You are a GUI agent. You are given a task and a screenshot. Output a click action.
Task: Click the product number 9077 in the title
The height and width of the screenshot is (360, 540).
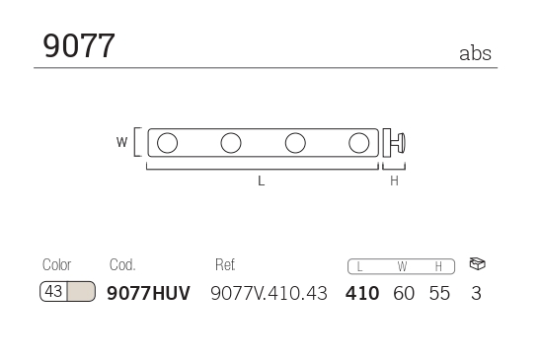79,45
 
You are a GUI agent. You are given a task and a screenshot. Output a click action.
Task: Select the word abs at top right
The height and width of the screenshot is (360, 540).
475,53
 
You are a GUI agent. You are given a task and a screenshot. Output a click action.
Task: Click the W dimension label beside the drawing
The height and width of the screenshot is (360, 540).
121,142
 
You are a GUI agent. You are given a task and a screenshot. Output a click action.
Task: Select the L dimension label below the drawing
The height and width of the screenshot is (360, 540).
261,180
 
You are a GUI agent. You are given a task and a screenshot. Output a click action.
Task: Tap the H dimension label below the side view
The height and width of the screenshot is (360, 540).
394,180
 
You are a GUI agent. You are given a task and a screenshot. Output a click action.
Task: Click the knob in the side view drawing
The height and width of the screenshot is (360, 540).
401,143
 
